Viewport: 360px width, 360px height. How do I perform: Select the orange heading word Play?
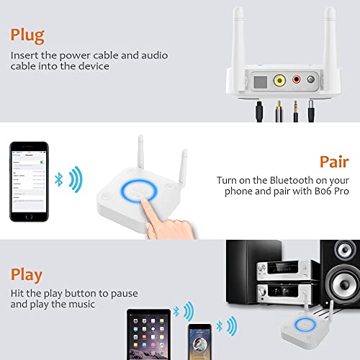27,275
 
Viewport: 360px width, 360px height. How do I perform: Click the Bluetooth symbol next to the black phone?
60,179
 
